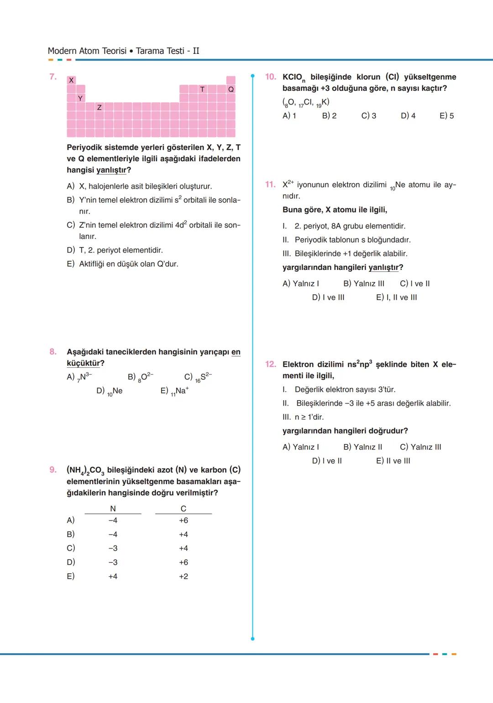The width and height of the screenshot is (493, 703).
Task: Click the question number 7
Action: pyautogui.click(x=53, y=77)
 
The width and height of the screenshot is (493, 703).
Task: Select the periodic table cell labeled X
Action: pyautogui.click(x=71, y=80)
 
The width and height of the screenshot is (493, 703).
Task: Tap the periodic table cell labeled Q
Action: pyautogui.click(x=231, y=90)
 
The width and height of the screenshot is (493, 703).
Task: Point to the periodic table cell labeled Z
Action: pyautogui.click(x=99, y=107)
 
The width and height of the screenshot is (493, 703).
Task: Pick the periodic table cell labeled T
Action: pyautogui.click(x=202, y=90)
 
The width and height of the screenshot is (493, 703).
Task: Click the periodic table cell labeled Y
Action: pyautogui.click(x=80, y=98)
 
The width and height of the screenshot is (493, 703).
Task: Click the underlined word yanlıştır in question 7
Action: pyautogui.click(x=111, y=170)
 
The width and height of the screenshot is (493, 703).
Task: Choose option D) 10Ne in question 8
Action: pyautogui.click(x=110, y=391)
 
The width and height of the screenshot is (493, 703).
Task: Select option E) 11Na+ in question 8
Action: pyautogui.click(x=174, y=391)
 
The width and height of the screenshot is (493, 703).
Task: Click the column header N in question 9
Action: pyautogui.click(x=113, y=508)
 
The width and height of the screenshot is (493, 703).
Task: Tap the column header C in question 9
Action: pyautogui.click(x=183, y=508)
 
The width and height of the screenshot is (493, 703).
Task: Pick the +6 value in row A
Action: pyautogui.click(x=183, y=520)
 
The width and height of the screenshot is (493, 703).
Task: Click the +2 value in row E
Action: pyautogui.click(x=183, y=576)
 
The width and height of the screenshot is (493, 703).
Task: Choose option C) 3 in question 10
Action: pyautogui.click(x=369, y=116)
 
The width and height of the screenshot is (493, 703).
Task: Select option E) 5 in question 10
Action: pyautogui.click(x=446, y=116)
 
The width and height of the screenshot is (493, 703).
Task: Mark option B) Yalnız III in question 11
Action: pyautogui.click(x=364, y=284)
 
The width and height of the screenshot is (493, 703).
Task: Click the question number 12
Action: pyautogui.click(x=270, y=364)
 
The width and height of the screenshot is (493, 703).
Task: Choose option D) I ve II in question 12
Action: pyautogui.click(x=327, y=461)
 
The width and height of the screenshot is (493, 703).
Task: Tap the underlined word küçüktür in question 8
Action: pyautogui.click(x=83, y=364)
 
